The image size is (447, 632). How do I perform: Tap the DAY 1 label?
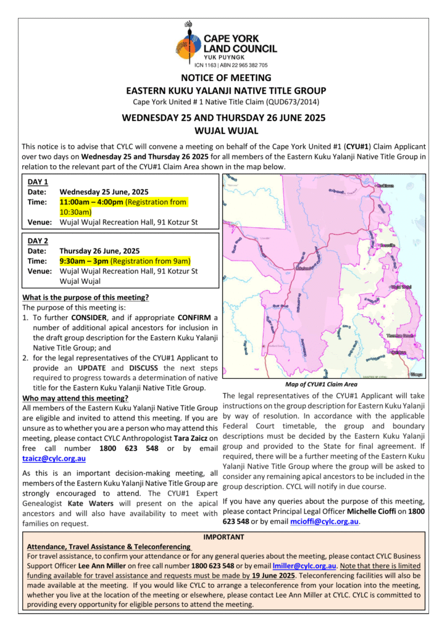38,181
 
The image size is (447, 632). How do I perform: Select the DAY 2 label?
38,241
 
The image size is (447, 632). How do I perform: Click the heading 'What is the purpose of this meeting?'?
85,297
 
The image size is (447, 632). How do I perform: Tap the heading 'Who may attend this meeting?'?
75,397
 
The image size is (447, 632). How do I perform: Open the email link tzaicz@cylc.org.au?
54,458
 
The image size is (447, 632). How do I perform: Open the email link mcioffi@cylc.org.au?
324,522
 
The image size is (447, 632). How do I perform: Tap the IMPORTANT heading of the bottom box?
223,537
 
